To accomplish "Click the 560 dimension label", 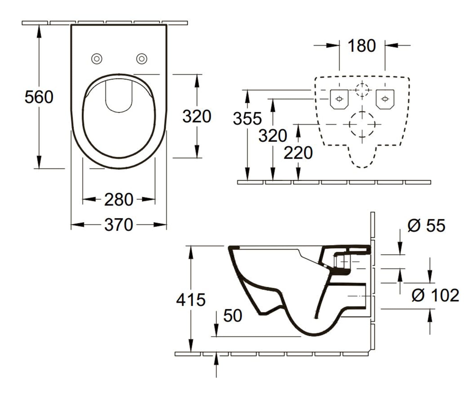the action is point(39,97).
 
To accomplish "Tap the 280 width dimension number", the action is point(119,200).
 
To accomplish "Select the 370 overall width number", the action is point(119,225).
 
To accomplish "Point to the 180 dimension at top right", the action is point(362,46).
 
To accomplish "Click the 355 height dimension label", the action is point(247,118).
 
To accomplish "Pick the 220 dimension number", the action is point(298,153).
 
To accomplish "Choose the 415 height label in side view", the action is point(191,300).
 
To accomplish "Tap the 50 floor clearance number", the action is point(233,315).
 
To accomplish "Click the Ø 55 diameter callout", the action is point(426,226).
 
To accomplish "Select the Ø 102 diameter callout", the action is point(435,295).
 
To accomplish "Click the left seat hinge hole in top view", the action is point(97,59).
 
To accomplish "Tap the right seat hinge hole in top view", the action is point(142,59).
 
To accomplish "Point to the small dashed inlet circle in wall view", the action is point(362,84).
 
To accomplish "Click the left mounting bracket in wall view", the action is point(339,99).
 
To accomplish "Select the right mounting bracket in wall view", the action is point(385,99).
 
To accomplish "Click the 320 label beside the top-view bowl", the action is point(197,116).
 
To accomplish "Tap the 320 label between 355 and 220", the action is point(273,136).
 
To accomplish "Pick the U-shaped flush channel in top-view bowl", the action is point(119,112).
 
